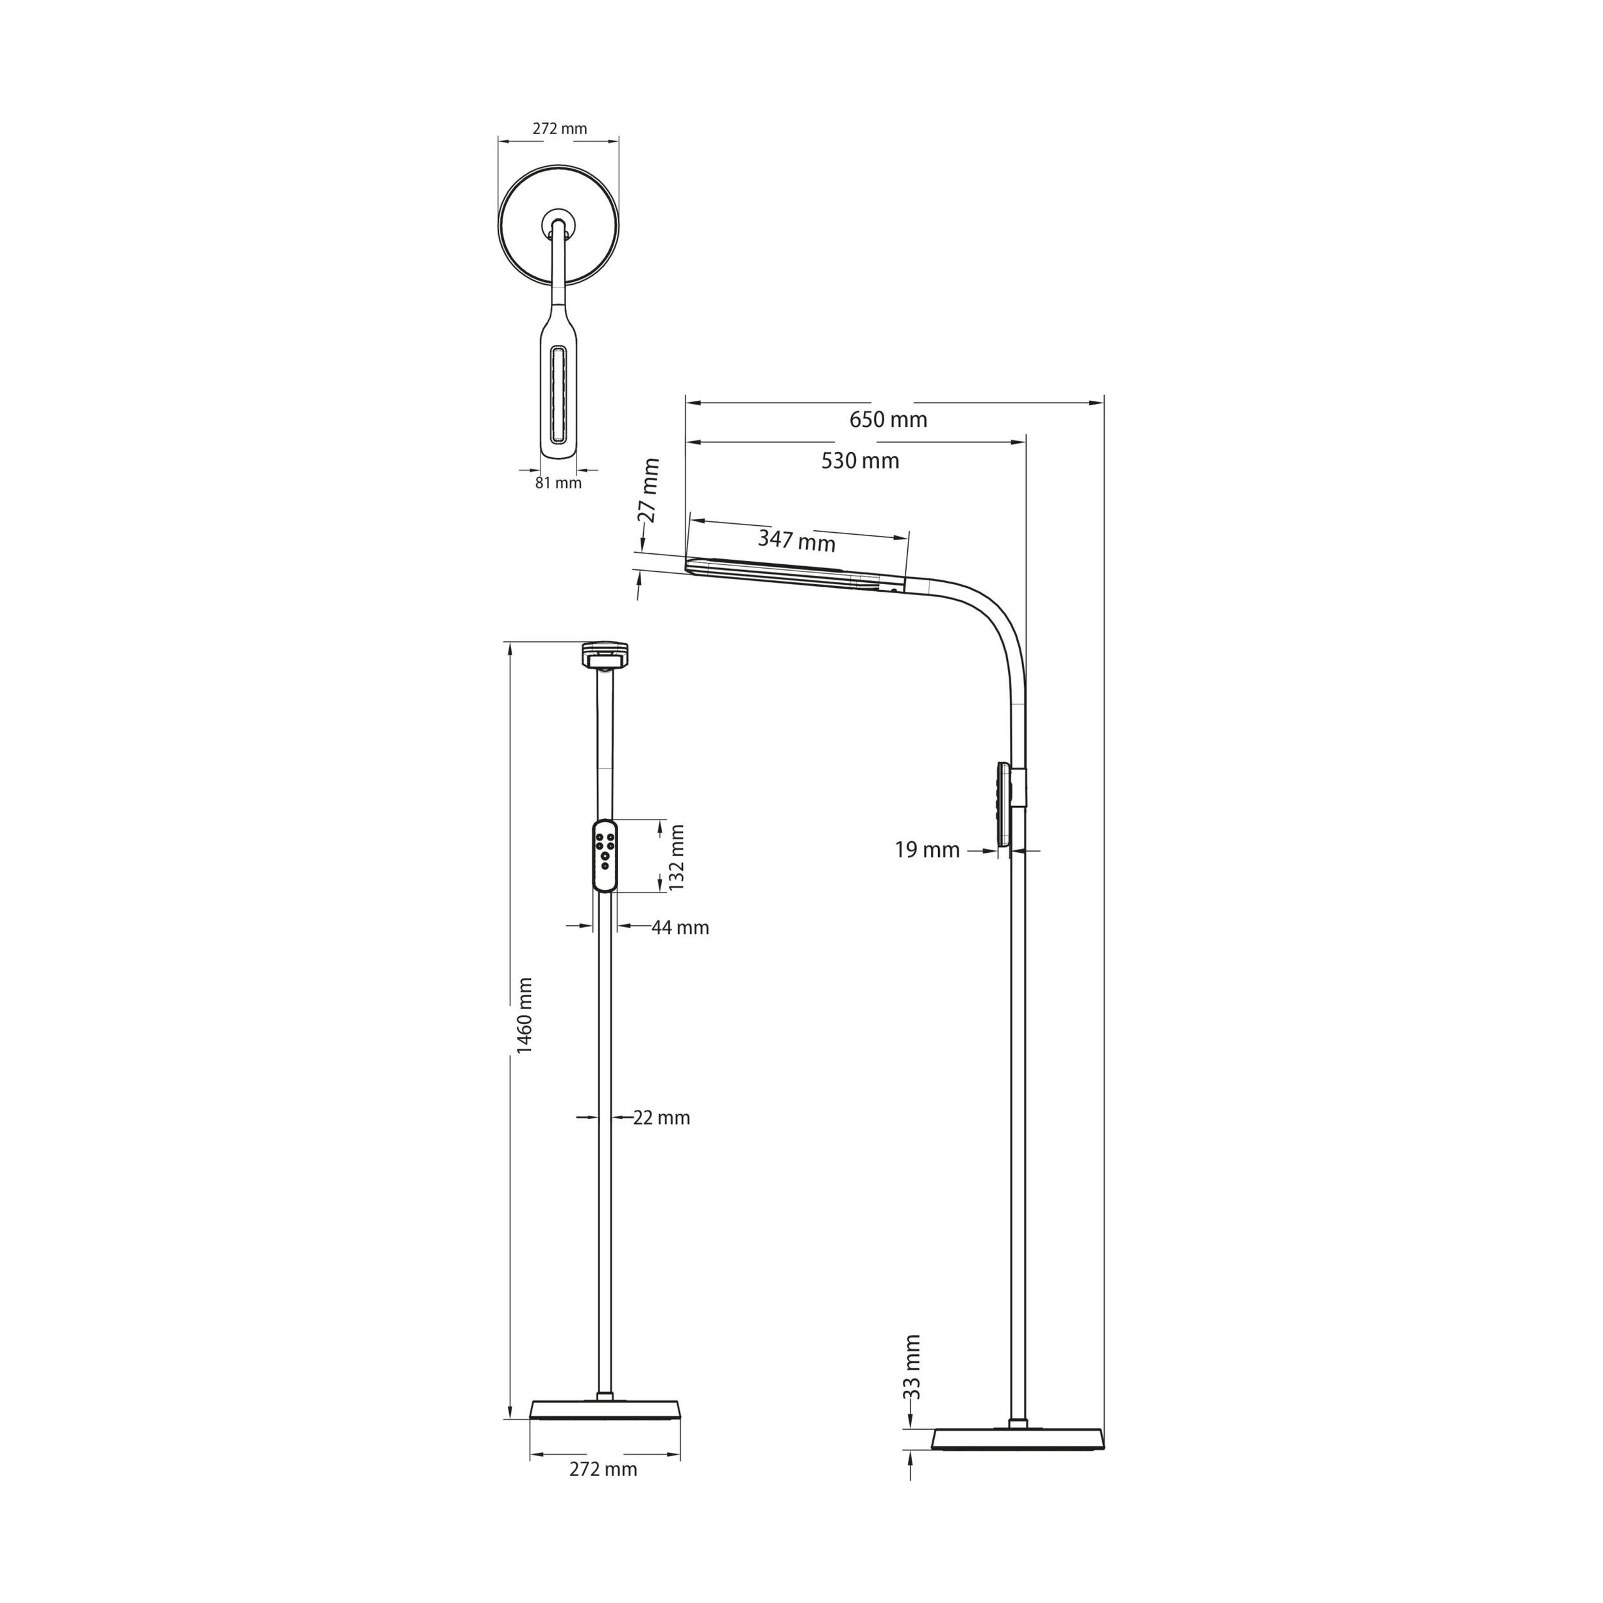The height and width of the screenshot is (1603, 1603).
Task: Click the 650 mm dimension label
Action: (x=888, y=420)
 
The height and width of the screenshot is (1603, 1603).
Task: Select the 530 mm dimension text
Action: (x=860, y=460)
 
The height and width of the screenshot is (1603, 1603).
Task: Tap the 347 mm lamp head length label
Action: (x=796, y=541)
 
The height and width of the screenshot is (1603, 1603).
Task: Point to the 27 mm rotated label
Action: (x=650, y=491)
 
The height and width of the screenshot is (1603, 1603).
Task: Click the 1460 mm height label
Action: (x=525, y=1016)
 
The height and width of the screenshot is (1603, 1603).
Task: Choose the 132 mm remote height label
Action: (x=677, y=857)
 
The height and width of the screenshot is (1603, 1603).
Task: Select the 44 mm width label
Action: (x=680, y=928)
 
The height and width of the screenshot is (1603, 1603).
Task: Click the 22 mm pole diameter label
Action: (x=661, y=1118)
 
